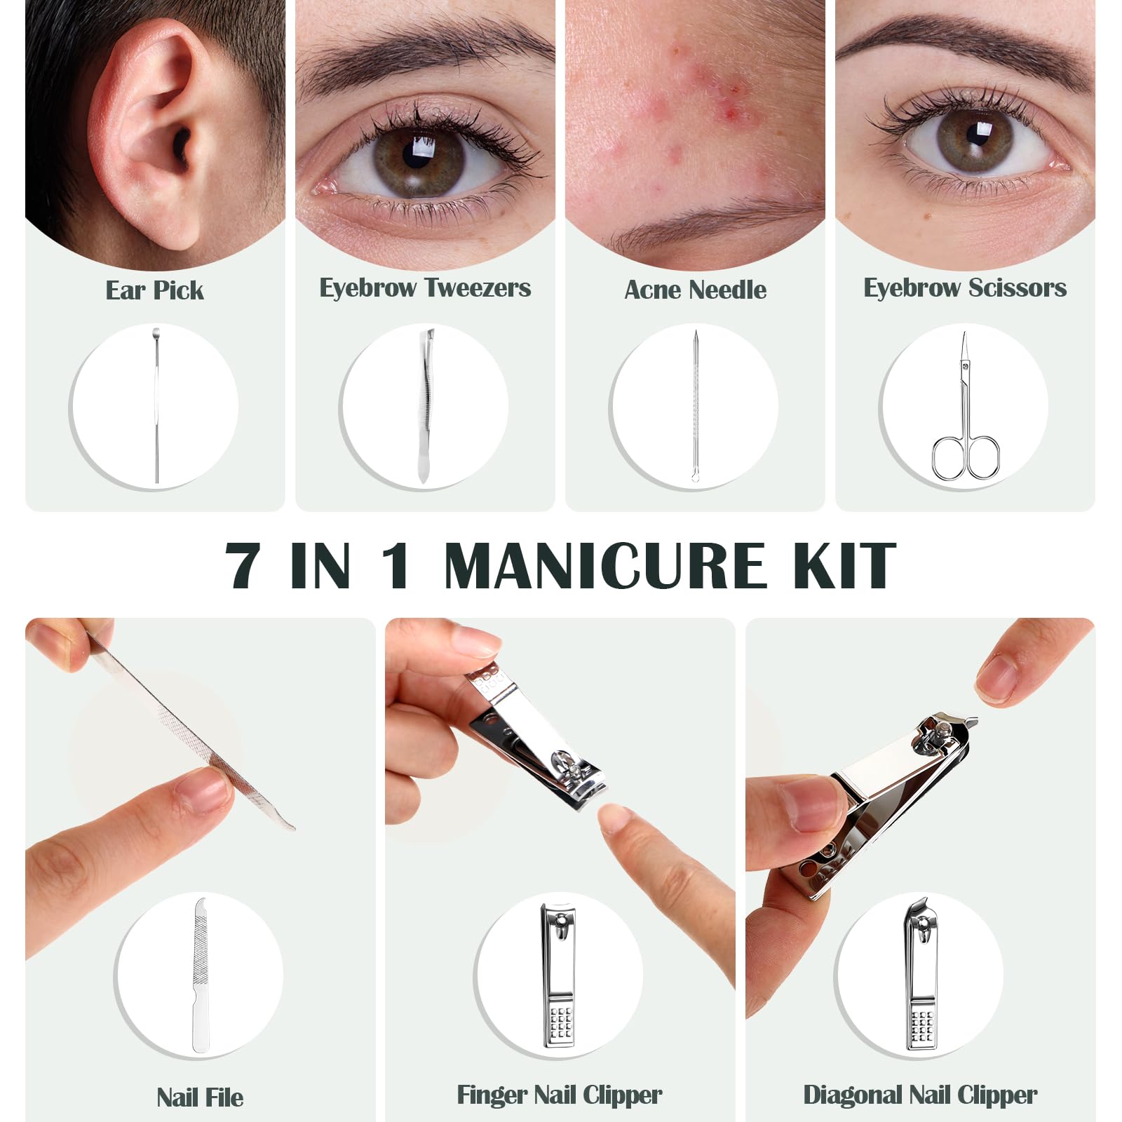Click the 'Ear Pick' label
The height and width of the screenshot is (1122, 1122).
coord(154,290)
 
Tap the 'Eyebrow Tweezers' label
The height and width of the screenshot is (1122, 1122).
coord(425,288)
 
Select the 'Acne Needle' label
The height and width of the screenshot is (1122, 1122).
coord(695,290)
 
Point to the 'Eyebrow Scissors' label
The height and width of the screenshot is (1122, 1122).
coord(965,288)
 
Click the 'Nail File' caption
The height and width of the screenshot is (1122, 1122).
coord(200,1097)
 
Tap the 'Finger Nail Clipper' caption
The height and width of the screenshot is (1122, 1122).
coord(560,1095)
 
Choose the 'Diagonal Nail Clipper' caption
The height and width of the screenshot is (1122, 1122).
coord(920,1095)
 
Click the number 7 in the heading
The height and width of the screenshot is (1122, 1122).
coord(243,565)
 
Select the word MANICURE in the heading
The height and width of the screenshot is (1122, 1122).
coord(604,565)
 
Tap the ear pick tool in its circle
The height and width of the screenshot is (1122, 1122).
coord(156,405)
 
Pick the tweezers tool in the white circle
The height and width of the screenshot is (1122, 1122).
coord(426,405)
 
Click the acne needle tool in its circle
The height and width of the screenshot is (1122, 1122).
coord(695,405)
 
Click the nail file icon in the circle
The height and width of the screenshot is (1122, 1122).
coord(200,975)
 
